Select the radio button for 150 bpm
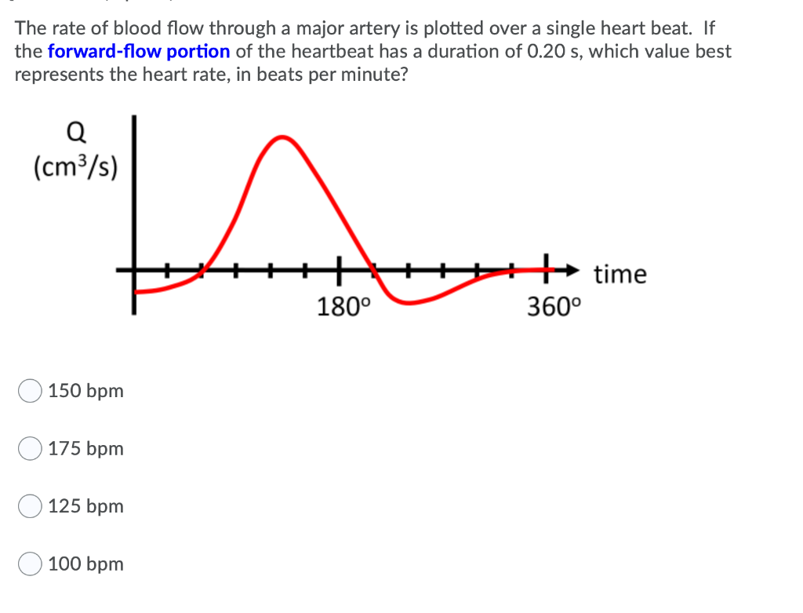[31, 391]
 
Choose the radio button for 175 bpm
[31, 449]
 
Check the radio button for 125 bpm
[31, 506]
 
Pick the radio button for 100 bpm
[31, 564]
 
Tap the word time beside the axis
[620, 275]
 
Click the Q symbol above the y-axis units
[76, 133]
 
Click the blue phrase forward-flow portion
[139, 52]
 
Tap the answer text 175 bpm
[86, 449]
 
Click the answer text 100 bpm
[86, 564]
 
